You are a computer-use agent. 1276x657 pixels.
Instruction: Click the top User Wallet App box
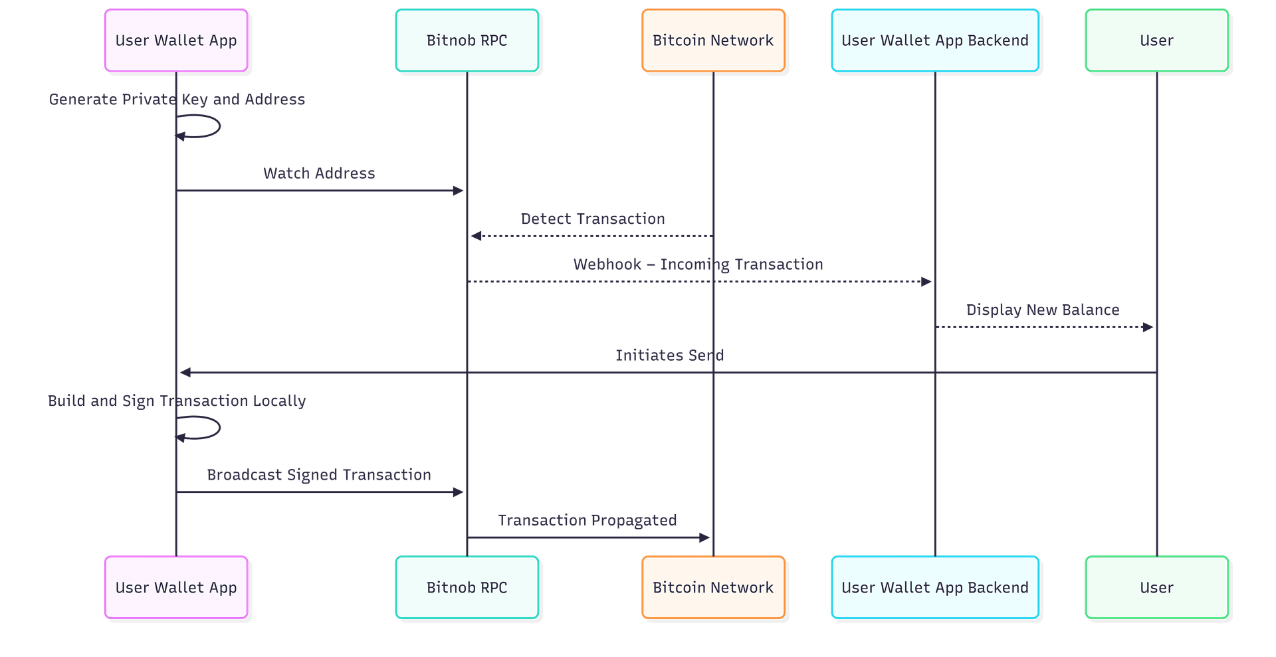tap(176, 41)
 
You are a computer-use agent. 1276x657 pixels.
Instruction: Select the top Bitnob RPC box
tap(467, 41)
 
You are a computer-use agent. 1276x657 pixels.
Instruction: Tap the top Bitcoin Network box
tap(713, 41)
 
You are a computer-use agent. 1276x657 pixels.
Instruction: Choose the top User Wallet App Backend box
tap(934, 41)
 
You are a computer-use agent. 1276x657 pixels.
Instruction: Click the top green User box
tap(1156, 41)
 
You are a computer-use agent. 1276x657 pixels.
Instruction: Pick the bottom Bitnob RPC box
tap(467, 588)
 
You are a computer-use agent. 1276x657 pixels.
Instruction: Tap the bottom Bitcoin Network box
tap(713, 588)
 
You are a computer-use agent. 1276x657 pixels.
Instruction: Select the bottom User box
tap(1156, 588)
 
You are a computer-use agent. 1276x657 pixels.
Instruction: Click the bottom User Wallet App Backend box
tap(934, 588)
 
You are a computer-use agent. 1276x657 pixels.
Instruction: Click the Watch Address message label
tap(319, 173)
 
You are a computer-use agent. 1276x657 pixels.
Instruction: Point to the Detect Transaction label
tap(593, 219)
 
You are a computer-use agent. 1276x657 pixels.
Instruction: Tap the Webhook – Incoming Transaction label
tap(698, 264)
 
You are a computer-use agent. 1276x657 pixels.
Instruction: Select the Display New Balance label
tap(1042, 310)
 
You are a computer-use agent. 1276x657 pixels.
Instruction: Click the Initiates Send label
tap(669, 355)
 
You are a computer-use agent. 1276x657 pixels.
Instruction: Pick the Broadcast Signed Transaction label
tap(319, 475)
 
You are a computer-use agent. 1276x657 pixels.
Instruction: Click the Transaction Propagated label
tap(587, 520)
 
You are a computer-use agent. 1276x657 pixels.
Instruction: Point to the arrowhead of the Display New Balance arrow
tap(1148, 328)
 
